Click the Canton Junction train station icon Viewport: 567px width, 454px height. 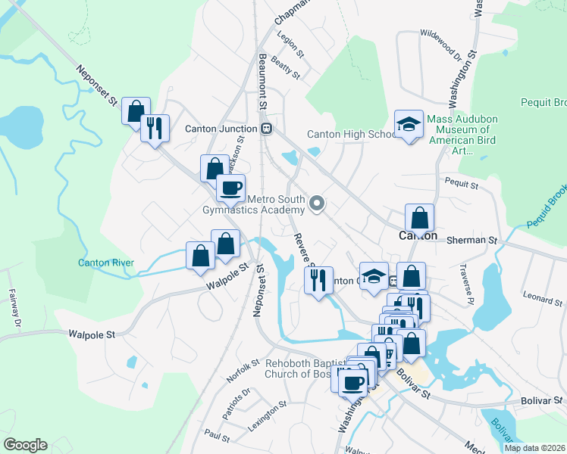pos(266,128)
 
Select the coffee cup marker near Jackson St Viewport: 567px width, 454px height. pos(231,187)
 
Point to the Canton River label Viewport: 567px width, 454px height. pos(106,263)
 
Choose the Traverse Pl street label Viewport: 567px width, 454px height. pos(465,285)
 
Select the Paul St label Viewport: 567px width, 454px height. pos(217,436)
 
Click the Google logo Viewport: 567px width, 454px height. pos(25,445)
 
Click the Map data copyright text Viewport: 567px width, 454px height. pos(535,448)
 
